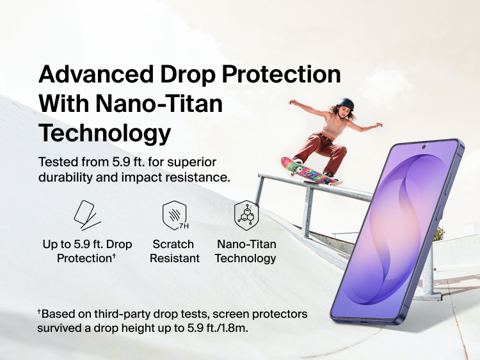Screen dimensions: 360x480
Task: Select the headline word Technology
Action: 105,133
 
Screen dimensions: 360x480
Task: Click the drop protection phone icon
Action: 86,215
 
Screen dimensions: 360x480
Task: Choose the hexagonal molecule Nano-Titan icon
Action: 245,215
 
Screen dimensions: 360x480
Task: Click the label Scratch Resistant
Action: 173,251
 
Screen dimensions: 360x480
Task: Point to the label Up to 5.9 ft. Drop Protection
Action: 86,251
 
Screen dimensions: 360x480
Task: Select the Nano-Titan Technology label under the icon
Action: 245,251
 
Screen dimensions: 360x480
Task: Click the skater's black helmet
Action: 346,104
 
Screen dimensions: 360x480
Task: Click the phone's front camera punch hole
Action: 424,148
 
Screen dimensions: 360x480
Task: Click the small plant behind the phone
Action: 438,233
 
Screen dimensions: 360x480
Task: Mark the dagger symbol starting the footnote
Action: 39,312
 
